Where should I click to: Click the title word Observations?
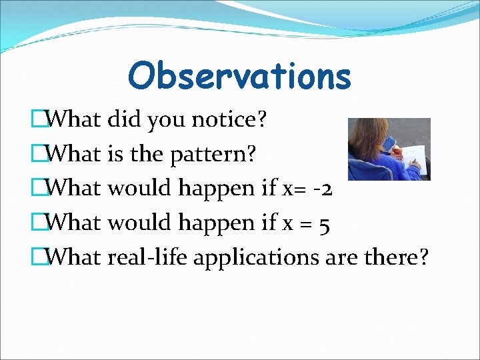(239, 75)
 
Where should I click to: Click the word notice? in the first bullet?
(229, 120)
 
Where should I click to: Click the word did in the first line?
(125, 120)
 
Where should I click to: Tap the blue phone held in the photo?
(391, 143)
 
